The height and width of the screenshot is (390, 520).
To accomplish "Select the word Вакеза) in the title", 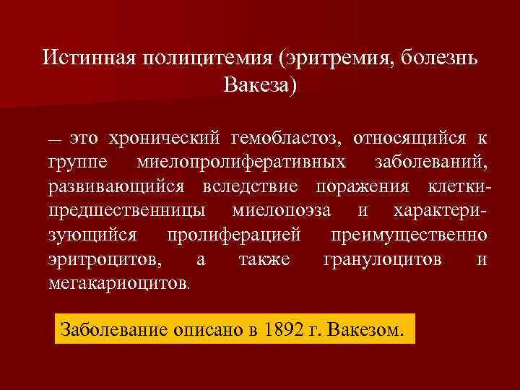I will coord(260,84).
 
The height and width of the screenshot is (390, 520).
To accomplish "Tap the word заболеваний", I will coord(434,162).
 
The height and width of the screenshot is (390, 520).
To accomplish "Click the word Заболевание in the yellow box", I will coord(113,329).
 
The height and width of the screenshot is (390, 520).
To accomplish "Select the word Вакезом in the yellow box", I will coord(365,329).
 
